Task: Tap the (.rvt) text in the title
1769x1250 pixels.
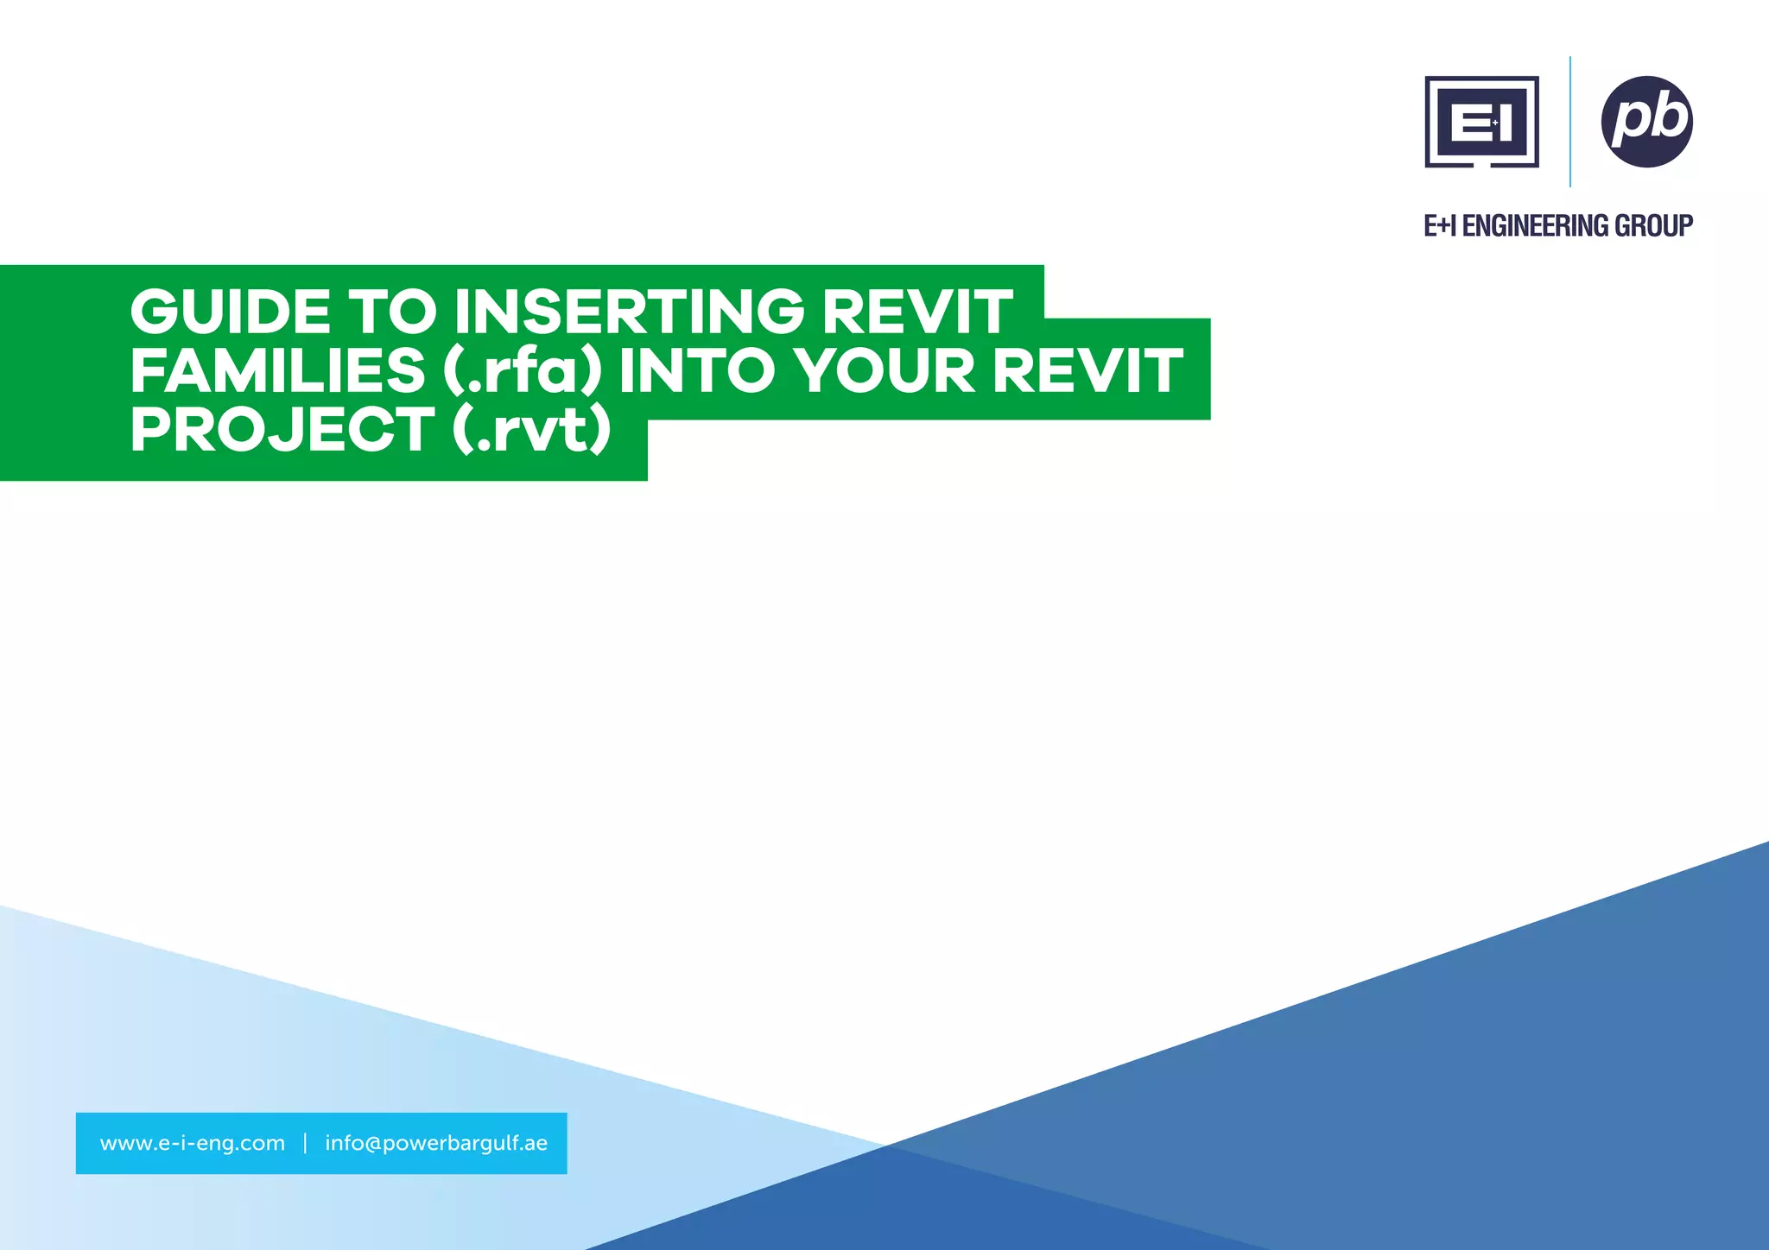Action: (531, 429)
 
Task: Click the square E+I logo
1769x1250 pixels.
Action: (1481, 122)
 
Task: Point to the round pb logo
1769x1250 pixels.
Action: (1646, 122)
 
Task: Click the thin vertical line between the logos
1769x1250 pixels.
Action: (1569, 122)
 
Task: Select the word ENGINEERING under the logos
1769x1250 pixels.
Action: (1535, 226)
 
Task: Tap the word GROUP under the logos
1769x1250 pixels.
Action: (1654, 226)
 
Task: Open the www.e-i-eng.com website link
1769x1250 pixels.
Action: (193, 1143)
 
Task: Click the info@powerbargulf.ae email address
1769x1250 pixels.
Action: (436, 1143)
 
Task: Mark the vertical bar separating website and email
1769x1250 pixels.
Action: (305, 1143)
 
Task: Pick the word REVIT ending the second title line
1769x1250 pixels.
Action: (1087, 370)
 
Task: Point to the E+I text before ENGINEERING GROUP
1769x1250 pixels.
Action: (1440, 226)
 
